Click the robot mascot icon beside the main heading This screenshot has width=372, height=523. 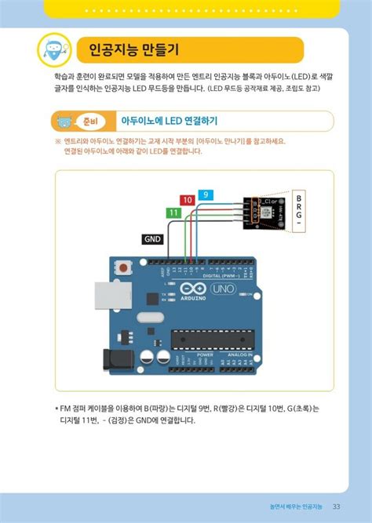[54, 50]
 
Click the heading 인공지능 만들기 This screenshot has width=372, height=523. [133, 51]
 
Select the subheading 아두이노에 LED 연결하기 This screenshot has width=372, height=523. [168, 122]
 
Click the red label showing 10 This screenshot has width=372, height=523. [187, 201]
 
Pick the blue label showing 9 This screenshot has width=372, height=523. [205, 194]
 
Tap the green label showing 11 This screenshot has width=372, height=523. [173, 212]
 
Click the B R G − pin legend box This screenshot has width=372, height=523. [298, 211]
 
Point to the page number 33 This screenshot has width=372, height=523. [336, 505]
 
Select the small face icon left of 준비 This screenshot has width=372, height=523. [64, 122]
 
